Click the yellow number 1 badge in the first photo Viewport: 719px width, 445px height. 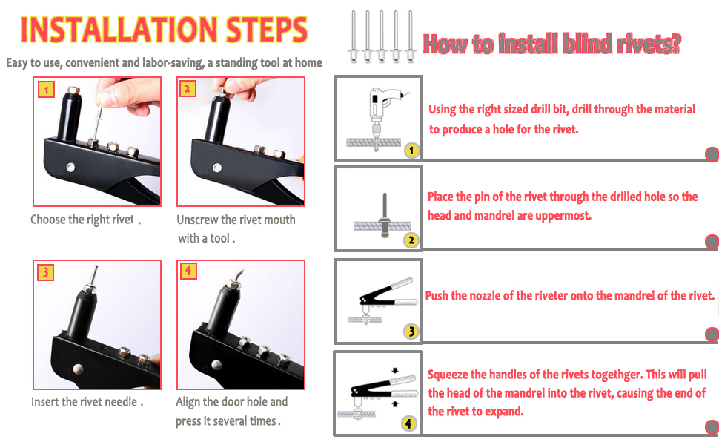46,90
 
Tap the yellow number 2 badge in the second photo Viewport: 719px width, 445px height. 187,88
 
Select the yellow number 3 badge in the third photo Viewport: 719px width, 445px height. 45,272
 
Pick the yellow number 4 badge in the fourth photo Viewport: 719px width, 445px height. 188,271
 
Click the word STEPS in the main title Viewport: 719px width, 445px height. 267,30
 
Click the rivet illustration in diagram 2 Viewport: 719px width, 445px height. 384,216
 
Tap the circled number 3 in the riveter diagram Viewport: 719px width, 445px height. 411,332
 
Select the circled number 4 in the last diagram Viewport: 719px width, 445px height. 408,423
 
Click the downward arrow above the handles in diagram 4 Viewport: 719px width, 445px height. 395,370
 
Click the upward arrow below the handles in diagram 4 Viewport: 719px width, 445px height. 395,403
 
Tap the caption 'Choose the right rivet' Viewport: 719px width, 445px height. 85,220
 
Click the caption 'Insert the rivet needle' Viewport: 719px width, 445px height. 87,402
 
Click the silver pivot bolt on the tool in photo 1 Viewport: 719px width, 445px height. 70,167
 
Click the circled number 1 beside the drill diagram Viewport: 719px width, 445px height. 411,150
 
